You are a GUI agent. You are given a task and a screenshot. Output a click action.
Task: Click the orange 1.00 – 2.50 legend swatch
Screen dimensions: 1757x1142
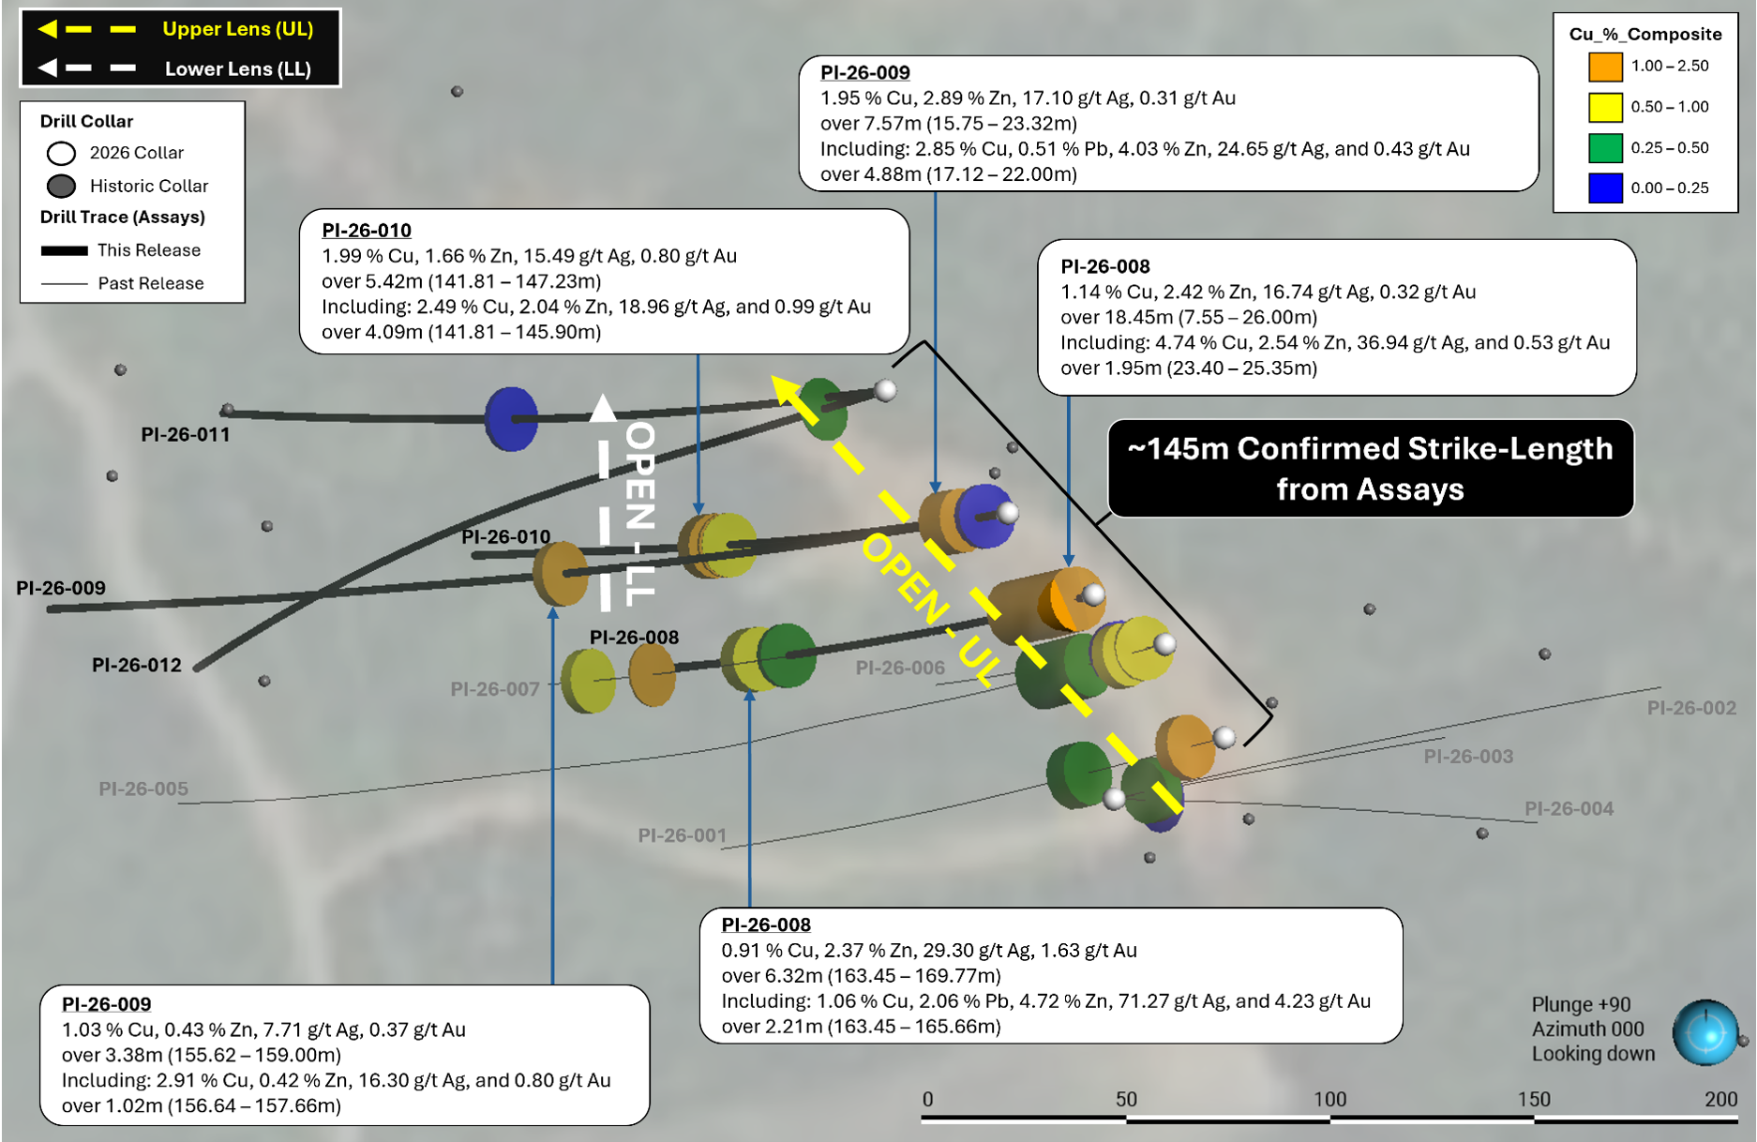tap(1605, 67)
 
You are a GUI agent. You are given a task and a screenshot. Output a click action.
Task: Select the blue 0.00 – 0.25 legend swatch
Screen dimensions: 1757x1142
tap(1605, 188)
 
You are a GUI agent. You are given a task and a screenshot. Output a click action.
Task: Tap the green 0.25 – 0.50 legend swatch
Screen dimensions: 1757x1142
tap(1605, 147)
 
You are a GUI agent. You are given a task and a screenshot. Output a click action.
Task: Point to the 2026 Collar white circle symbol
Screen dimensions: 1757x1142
tap(61, 153)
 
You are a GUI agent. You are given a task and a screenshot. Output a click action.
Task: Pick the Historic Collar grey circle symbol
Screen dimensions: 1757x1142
tap(61, 186)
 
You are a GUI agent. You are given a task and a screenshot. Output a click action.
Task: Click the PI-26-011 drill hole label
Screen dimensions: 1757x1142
tap(186, 434)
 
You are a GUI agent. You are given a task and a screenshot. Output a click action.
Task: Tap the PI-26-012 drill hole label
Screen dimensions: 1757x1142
tap(137, 665)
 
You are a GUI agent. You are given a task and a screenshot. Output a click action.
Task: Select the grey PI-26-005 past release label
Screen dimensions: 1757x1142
tap(143, 789)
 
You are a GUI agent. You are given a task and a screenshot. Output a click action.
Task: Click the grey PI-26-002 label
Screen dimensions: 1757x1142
tap(1691, 708)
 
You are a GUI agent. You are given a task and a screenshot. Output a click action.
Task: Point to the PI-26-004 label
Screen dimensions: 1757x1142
tap(1569, 808)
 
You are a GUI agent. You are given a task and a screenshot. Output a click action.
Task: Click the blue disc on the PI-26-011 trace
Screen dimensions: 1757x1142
tap(511, 418)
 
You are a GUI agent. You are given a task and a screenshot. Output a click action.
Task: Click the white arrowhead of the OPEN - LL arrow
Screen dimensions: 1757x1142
tap(603, 407)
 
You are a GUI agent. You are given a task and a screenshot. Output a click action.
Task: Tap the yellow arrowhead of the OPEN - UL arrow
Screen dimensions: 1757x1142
tap(786, 389)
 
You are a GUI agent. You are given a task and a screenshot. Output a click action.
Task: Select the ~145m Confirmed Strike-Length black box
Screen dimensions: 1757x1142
tap(1371, 468)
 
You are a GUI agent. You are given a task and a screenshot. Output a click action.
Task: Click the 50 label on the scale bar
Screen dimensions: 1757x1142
tap(1126, 1099)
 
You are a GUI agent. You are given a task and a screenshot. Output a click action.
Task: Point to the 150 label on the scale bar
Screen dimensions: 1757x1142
tap(1534, 1099)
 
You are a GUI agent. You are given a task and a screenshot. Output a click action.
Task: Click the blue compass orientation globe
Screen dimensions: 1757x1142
tap(1705, 1033)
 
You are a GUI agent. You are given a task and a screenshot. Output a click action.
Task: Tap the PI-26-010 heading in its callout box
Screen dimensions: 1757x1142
tap(367, 230)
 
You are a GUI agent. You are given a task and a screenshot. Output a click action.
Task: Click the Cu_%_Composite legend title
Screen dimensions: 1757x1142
tap(1645, 34)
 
